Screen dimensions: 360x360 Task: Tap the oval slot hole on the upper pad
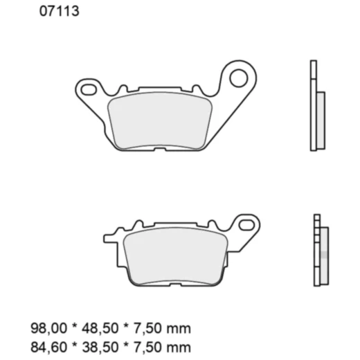point(89,89)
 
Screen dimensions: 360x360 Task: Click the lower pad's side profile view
point(318,249)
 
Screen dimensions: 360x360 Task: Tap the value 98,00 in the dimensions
point(46,328)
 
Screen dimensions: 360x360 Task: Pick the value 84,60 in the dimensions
point(46,346)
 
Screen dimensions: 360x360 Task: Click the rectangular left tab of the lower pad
point(110,239)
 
